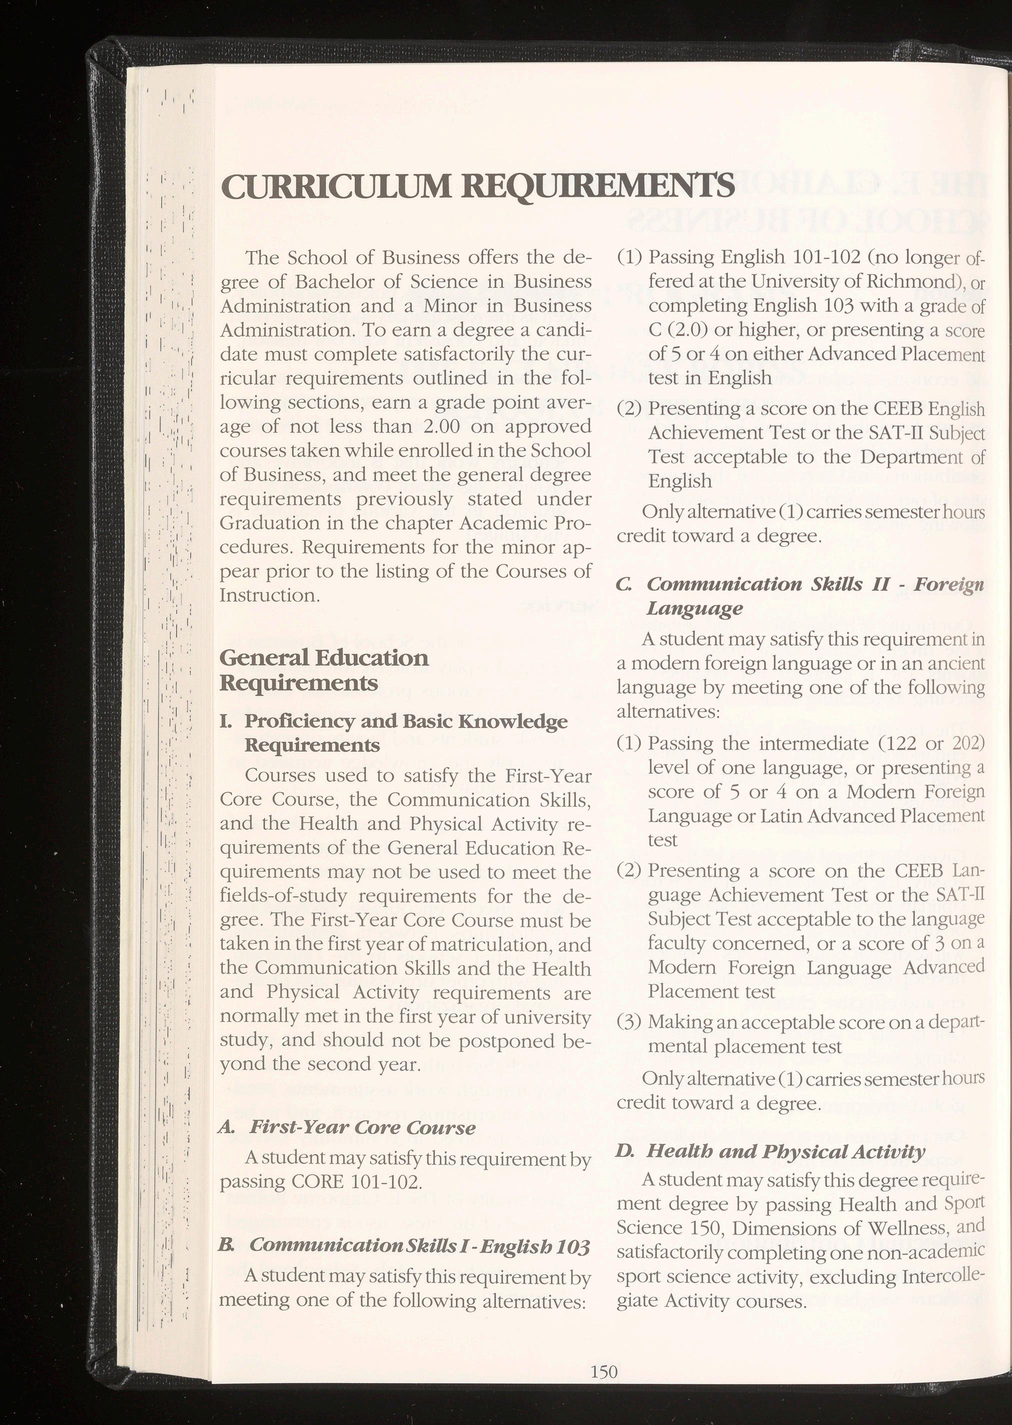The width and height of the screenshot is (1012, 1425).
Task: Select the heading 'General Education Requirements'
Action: click(x=324, y=670)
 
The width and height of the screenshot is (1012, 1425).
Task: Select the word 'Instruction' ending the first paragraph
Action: click(x=269, y=595)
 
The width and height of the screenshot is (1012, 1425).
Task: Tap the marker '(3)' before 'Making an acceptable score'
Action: click(x=629, y=1022)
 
